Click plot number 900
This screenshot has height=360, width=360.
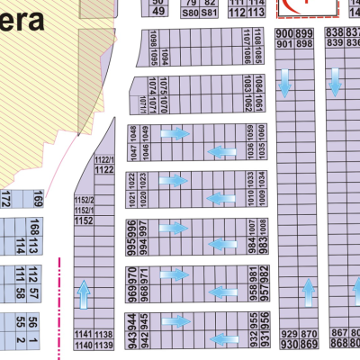point(284,33)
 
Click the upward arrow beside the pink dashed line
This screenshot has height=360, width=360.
point(84,293)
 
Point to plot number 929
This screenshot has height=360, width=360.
point(288,334)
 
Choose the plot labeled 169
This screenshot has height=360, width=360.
point(63,197)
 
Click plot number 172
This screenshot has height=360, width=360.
point(5,197)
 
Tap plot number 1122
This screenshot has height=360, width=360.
point(103,169)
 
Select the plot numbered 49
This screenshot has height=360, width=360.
point(158,12)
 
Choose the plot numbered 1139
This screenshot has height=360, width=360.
point(104,345)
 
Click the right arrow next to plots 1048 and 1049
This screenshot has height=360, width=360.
point(175,134)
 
